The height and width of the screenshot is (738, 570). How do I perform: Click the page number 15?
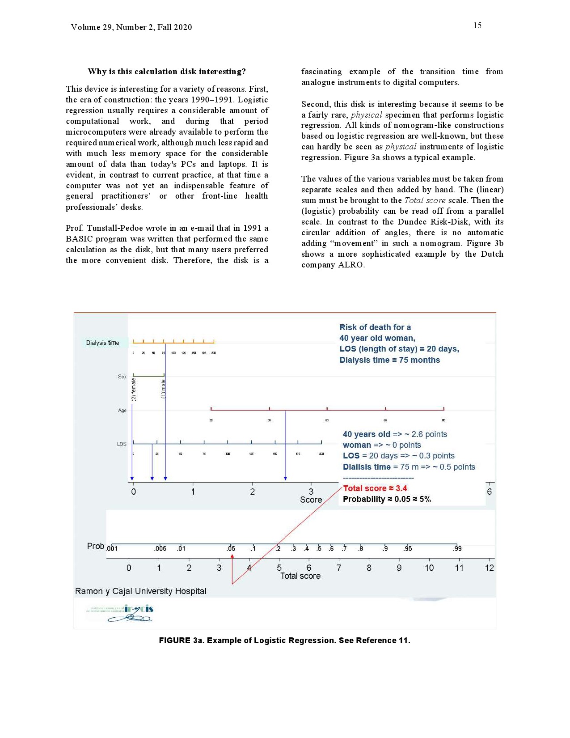tap(477, 25)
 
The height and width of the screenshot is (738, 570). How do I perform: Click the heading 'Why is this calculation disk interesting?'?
tap(167, 72)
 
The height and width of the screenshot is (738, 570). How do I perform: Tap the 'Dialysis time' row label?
tap(102, 343)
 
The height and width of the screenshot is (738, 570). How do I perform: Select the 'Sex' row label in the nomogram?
tap(122, 377)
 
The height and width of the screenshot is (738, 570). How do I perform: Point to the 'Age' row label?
tap(122, 411)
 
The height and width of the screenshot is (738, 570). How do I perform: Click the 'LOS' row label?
tap(122, 444)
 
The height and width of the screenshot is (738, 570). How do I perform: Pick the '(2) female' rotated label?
tap(134, 390)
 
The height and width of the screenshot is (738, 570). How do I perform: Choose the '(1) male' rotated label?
tap(163, 389)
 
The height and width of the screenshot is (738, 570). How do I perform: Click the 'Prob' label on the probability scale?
tap(95, 546)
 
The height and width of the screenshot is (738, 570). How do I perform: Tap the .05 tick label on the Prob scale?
tap(231, 549)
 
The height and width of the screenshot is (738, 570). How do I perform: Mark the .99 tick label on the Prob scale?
tap(457, 549)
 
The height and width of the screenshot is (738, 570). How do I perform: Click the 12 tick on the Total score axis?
tap(490, 568)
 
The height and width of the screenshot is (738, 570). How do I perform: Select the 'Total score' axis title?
tap(300, 576)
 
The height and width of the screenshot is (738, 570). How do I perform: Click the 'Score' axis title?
tap(311, 500)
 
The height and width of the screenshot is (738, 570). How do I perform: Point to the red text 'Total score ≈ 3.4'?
tap(375, 488)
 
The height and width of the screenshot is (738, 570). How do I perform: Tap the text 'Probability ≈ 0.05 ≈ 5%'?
tap(387, 499)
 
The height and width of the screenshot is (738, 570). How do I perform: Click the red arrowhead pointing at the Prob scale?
tap(232, 556)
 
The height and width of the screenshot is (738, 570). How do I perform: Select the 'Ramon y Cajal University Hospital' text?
tap(141, 591)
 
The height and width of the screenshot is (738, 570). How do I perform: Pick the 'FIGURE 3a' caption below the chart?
tap(284, 640)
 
